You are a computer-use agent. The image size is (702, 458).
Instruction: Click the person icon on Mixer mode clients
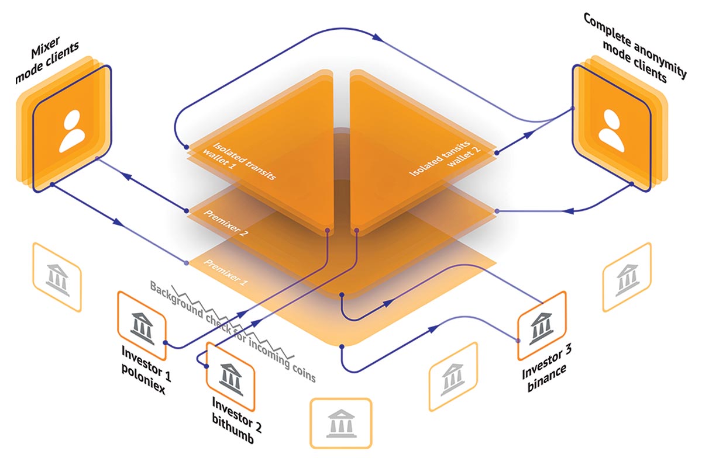coord(72,131)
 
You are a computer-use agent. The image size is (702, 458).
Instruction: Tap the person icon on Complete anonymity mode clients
coord(611,130)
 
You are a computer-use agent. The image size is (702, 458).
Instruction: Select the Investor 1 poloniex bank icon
coord(142,328)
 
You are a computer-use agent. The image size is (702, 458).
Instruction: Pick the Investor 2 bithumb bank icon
coord(230,380)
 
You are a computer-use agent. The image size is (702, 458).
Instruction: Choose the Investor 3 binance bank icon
coord(541,328)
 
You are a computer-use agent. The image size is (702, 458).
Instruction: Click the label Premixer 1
coord(226,272)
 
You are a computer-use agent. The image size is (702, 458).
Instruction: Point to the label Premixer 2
coord(226,223)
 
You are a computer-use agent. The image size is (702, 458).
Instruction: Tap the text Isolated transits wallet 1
coord(240,161)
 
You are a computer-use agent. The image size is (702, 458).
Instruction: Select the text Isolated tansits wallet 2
coord(445,158)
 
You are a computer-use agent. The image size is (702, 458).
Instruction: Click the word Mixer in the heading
coord(46,47)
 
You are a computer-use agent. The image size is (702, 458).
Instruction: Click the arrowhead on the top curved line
coord(378,37)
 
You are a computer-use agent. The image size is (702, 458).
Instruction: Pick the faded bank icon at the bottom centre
coord(341,424)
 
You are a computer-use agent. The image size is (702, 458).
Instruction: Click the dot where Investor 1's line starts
coord(165,343)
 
